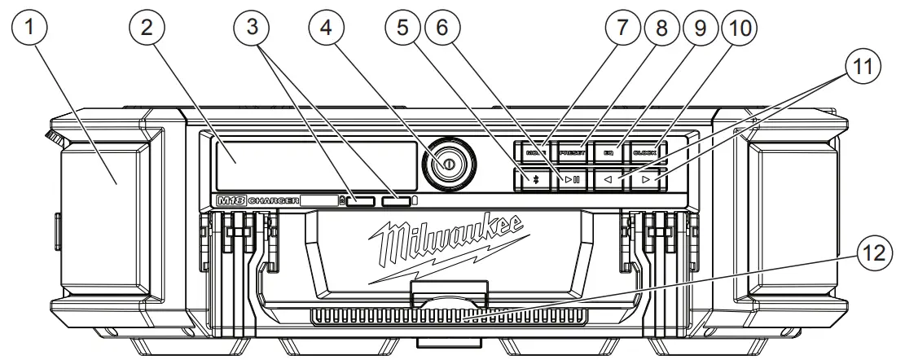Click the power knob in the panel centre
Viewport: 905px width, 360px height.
447,165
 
